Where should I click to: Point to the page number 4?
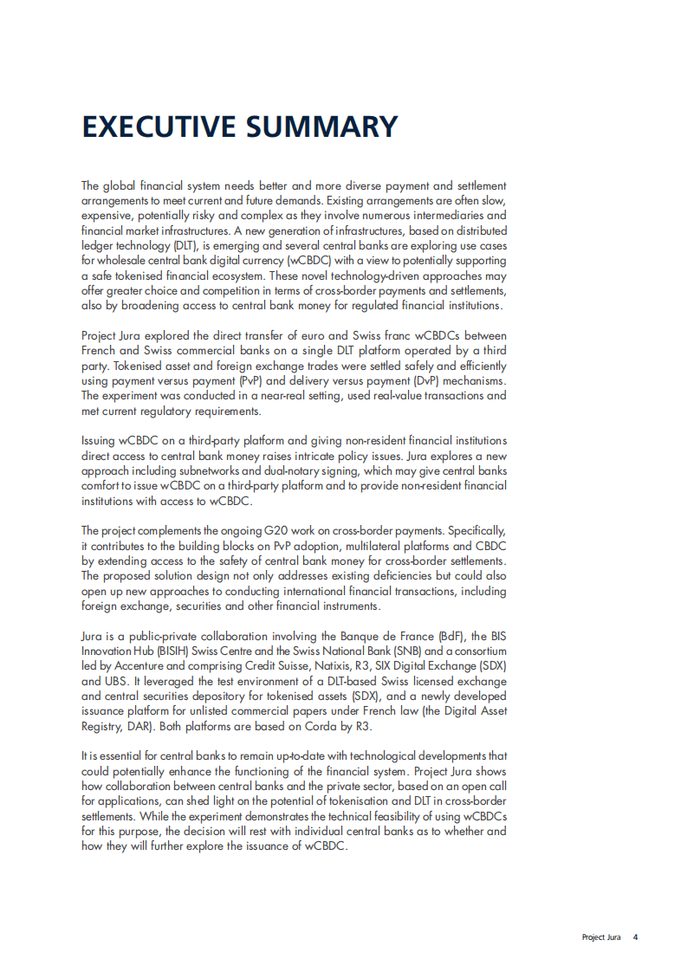635,937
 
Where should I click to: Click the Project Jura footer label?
601,937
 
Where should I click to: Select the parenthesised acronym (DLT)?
184,246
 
